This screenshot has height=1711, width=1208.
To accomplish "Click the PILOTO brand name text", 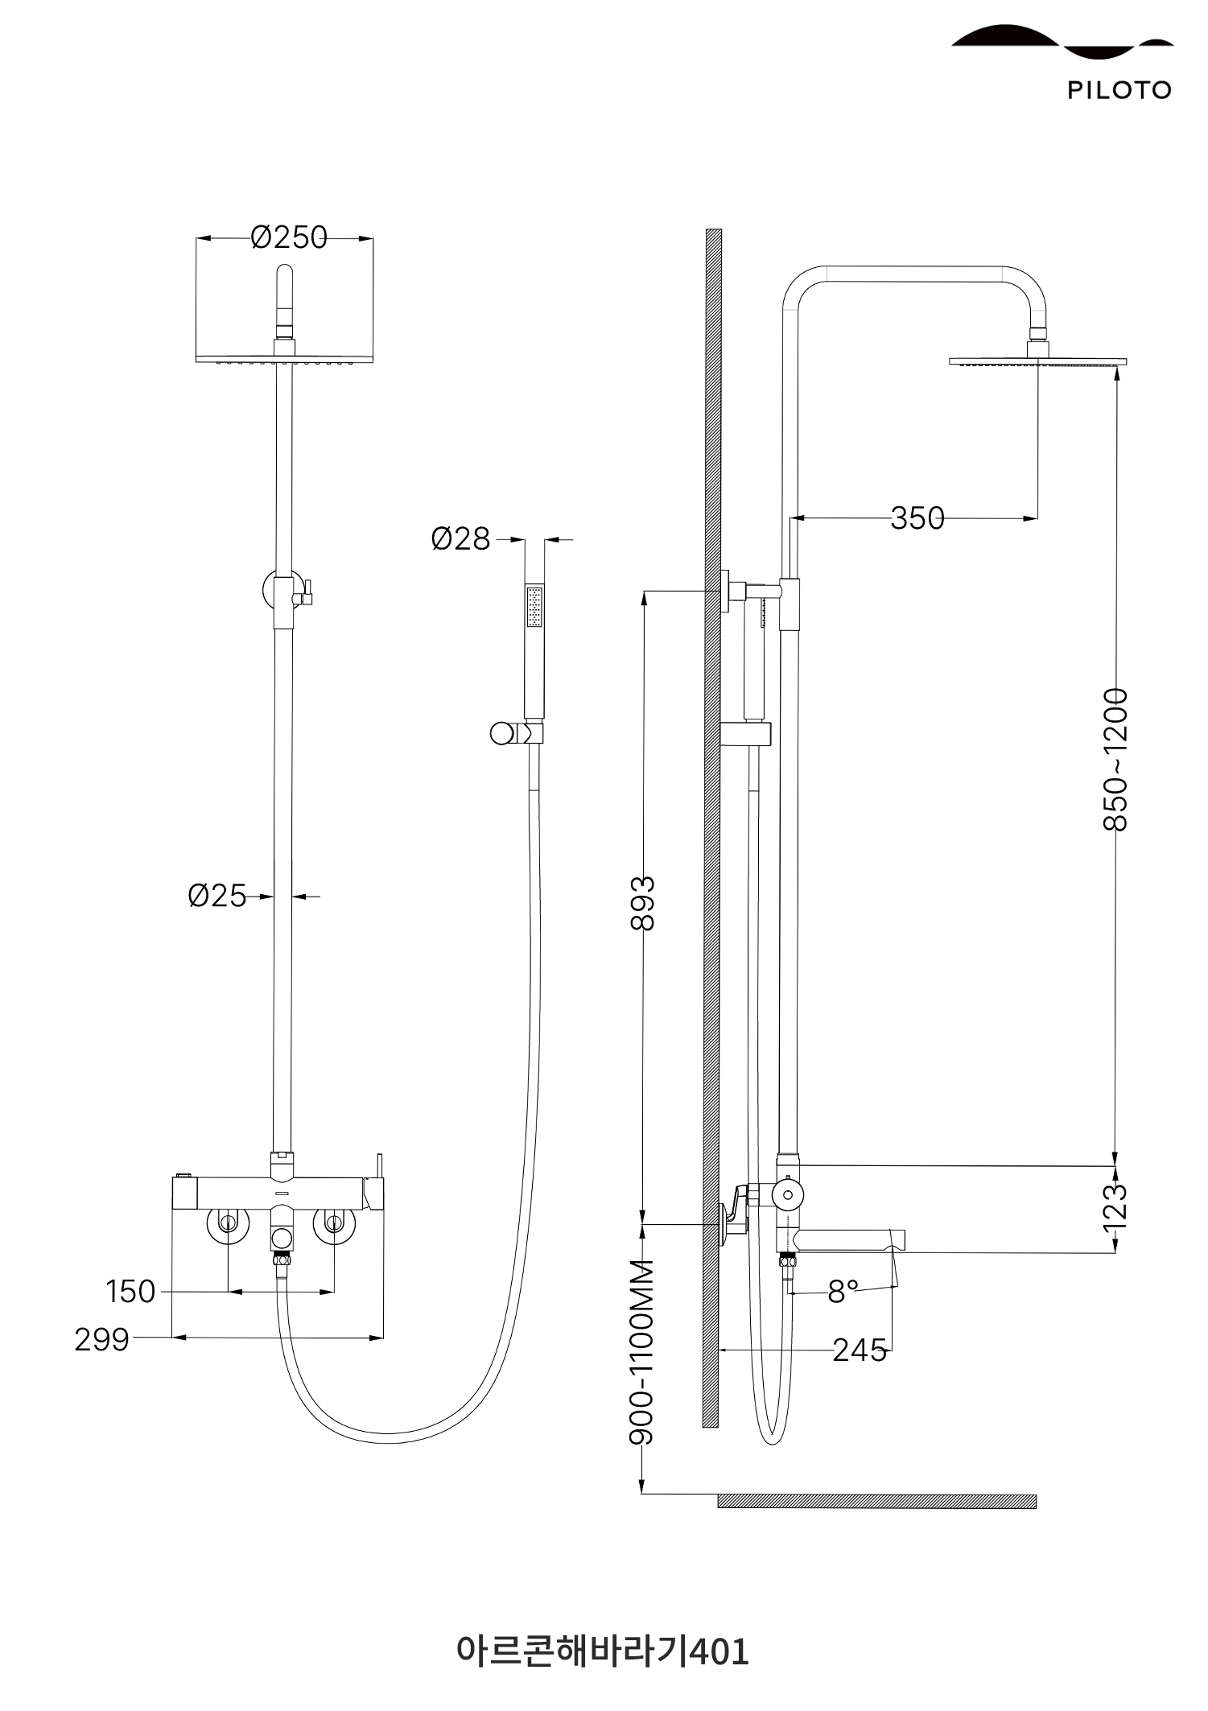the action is (1119, 90).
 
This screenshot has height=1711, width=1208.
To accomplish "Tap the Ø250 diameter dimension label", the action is (289, 237).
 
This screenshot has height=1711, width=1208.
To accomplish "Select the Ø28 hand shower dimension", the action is (460, 539).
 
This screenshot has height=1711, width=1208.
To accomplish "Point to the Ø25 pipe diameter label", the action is (216, 896).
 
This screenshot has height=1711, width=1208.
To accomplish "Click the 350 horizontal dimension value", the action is (917, 518).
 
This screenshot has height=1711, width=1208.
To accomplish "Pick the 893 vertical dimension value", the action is (643, 903).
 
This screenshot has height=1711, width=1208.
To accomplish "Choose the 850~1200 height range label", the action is (1115, 759).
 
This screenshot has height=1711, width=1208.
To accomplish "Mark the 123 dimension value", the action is (1115, 1206).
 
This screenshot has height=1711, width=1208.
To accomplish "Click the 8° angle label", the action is (843, 1292).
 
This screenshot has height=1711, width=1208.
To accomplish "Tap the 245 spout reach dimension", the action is (860, 1350).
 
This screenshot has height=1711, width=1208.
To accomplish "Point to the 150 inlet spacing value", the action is (130, 1292).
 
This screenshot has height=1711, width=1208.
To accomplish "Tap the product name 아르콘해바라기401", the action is (603, 1651).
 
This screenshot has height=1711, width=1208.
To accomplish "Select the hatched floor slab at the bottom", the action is (877, 1501).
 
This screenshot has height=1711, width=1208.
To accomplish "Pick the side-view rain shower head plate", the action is (1038, 362).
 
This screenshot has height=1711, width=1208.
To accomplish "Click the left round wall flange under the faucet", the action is (229, 1223).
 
